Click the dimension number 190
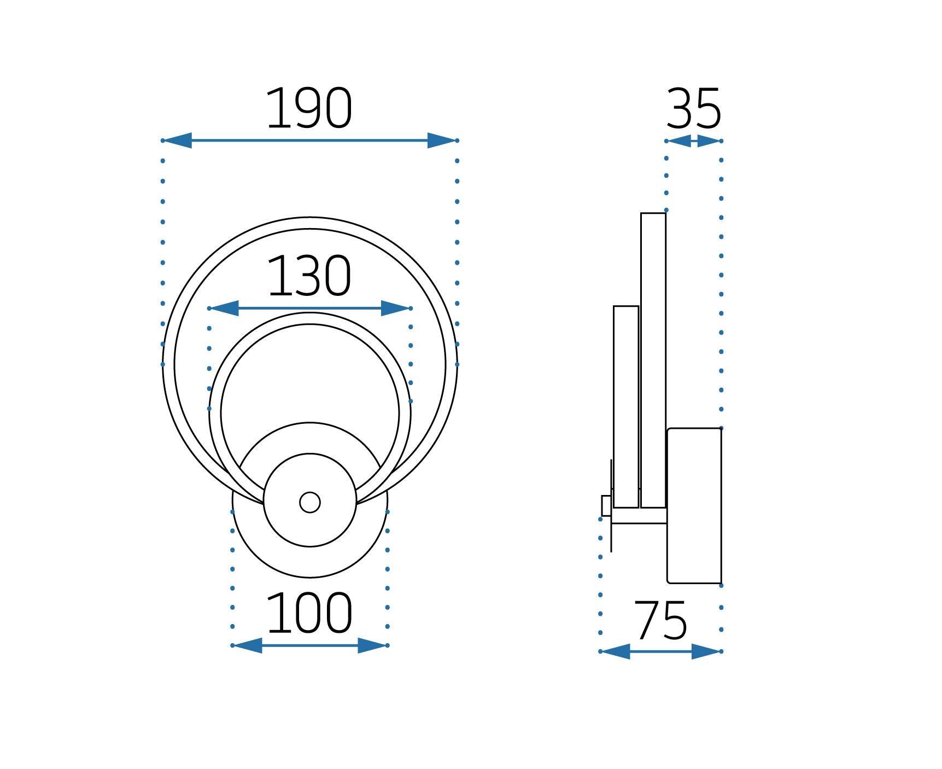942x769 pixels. coord(309,109)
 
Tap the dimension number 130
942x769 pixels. coord(309,277)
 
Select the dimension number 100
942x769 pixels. coord(309,614)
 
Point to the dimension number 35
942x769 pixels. coord(694,109)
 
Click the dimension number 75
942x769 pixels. coord(660,621)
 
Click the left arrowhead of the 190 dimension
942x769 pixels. coord(178,141)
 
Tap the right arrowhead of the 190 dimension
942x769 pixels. coord(442,141)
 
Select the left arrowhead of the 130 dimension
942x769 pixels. coord(224,308)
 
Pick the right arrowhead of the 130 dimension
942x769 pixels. coord(396,308)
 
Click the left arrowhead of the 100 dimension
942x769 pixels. coord(247,645)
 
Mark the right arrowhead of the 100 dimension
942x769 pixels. coord(372,645)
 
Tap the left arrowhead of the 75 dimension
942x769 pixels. coord(616,651)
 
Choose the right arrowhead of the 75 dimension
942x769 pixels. coord(706,651)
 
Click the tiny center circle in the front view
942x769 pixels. coord(310,502)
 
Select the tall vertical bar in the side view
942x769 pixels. coord(653,361)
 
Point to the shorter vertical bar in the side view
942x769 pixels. coord(626,407)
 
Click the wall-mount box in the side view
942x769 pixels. coord(694,506)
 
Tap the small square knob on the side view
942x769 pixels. coord(606,506)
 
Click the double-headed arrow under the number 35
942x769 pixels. coord(694,141)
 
